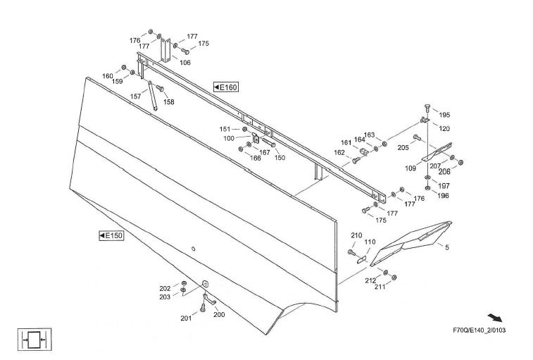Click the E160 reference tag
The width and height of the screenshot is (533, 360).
(226, 87)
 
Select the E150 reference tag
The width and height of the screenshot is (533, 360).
(111, 235)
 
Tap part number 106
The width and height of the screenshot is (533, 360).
(185, 63)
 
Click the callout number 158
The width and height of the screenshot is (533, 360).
(169, 102)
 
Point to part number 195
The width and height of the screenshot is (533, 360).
(444, 115)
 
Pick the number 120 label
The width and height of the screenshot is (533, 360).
(444, 129)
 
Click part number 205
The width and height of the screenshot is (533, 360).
(403, 147)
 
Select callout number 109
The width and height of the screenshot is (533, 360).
(410, 168)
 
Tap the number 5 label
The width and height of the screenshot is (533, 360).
(446, 247)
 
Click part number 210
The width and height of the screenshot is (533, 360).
(356, 235)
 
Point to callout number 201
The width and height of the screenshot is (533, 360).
(186, 318)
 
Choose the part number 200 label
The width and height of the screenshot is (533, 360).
(219, 315)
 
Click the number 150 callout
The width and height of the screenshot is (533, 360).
(280, 158)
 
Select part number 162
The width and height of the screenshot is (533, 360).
(340, 153)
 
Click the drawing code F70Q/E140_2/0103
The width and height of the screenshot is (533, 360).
(479, 330)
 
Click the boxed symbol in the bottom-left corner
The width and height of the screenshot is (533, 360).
(30, 339)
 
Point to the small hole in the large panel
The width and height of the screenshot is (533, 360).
(194, 247)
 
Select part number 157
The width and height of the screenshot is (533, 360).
(135, 97)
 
